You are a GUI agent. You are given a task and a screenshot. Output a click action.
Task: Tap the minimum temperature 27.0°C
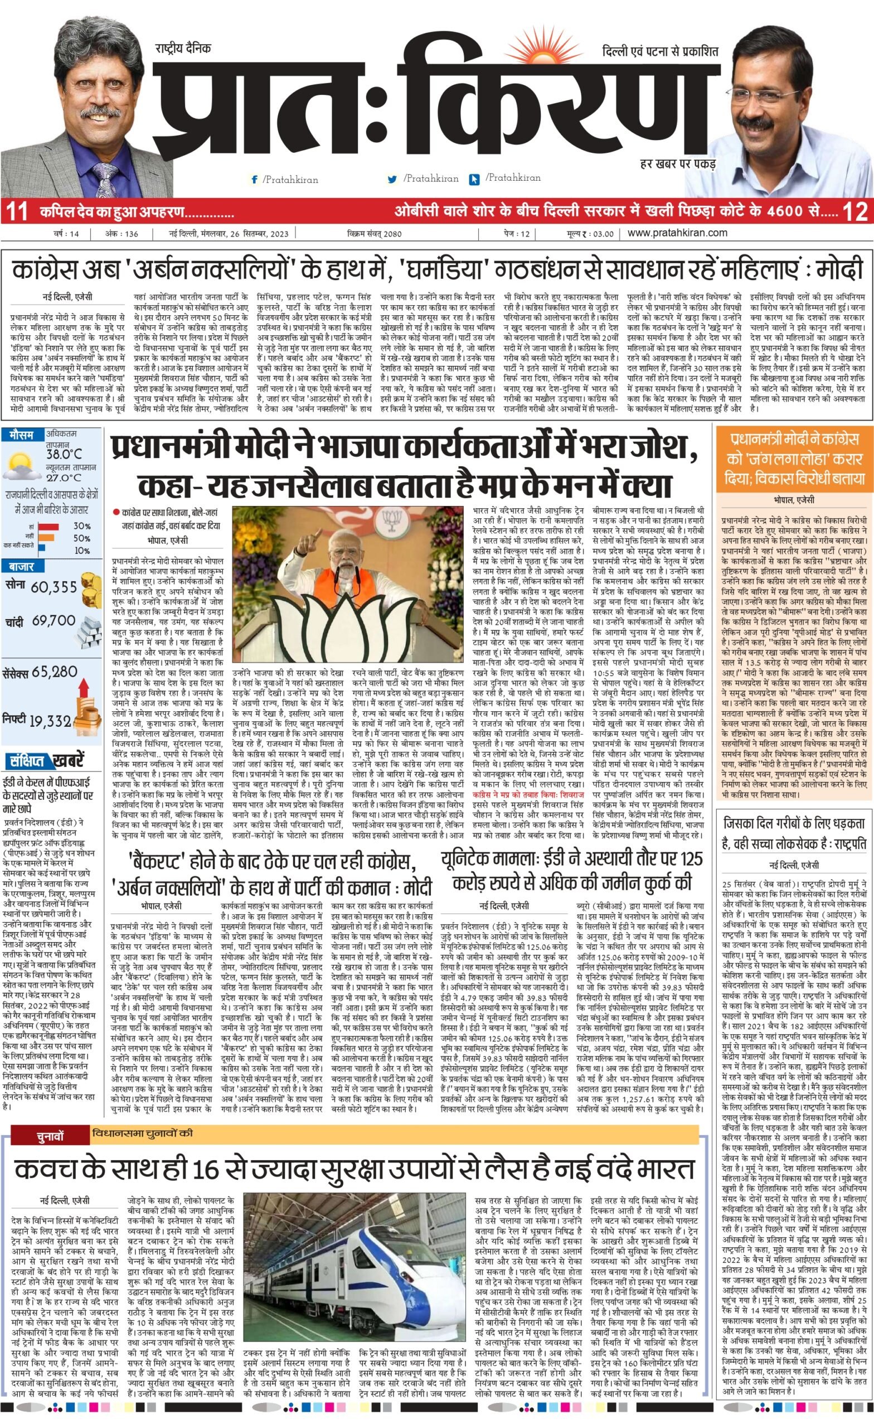[64, 477]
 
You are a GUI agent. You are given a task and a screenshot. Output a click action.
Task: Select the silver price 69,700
[54, 621]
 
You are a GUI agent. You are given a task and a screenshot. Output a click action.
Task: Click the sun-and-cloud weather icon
[20, 466]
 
